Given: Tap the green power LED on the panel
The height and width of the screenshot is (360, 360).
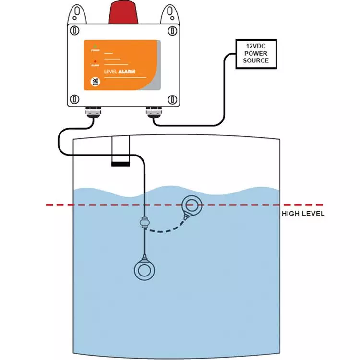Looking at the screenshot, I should coord(96,46).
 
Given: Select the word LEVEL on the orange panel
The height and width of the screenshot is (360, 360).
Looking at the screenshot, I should coord(100,72).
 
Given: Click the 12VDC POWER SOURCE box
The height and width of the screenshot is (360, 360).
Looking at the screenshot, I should coord(255,53).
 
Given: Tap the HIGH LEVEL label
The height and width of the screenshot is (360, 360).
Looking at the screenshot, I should coord(303,214).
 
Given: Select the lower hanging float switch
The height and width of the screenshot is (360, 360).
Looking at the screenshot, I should coord(144,270).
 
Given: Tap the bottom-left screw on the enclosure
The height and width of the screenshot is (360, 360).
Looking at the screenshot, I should coord(74,99).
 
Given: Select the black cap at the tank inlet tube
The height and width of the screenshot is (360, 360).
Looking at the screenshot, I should coord(120,164).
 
